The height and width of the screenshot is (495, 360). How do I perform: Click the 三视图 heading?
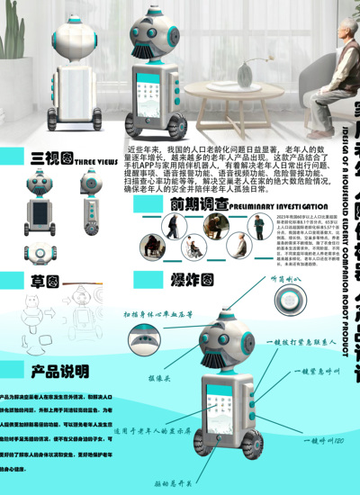[x=51, y=159]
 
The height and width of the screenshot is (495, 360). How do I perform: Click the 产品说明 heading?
[x=60, y=371]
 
